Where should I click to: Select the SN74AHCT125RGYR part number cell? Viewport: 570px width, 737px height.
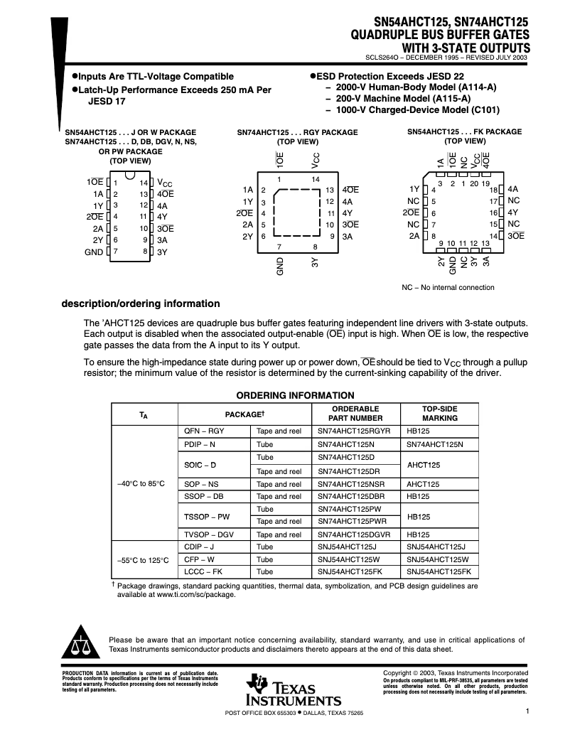click(x=354, y=431)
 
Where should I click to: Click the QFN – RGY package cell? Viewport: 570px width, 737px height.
click(x=204, y=431)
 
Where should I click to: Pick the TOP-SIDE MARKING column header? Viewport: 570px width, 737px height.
click(x=431, y=414)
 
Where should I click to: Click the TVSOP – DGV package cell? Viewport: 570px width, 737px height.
click(x=208, y=534)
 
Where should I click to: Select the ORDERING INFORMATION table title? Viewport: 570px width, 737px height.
click(x=295, y=396)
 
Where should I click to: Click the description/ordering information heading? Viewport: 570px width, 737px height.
click(x=141, y=303)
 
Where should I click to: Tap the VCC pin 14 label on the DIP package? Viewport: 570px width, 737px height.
click(x=164, y=183)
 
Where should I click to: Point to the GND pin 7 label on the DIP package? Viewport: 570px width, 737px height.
click(x=93, y=252)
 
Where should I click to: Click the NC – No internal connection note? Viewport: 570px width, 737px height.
click(x=448, y=288)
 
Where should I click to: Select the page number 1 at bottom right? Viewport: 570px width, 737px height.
click(x=528, y=710)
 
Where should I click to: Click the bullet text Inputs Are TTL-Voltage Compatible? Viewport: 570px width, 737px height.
click(x=155, y=76)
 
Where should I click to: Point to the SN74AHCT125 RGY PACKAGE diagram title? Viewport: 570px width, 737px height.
click(x=297, y=132)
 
